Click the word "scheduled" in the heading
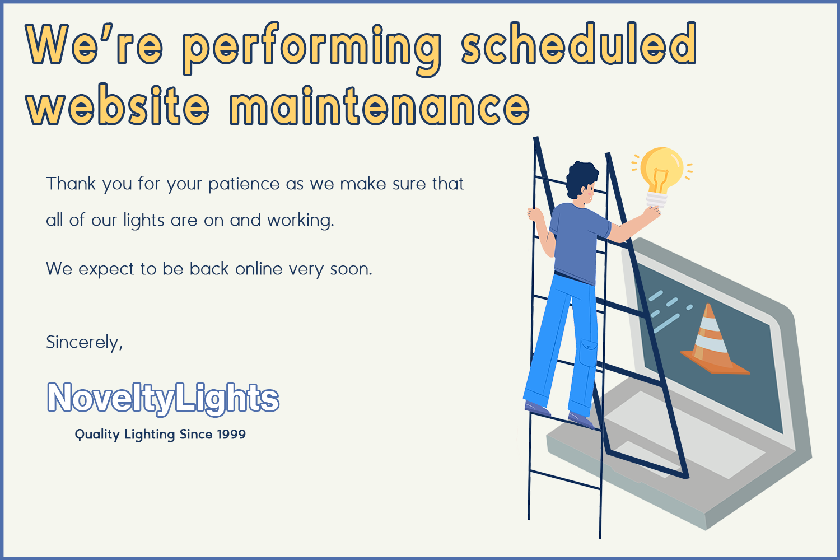579,44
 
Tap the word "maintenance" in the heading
380,105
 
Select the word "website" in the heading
118,105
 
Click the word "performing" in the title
312,49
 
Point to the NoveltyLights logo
163,398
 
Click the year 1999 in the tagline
231,434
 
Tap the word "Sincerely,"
85,343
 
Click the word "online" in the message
259,269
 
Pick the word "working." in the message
300,221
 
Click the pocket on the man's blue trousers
588,353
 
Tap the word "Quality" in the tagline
97,435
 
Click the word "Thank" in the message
71,184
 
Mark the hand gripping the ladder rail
535,215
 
